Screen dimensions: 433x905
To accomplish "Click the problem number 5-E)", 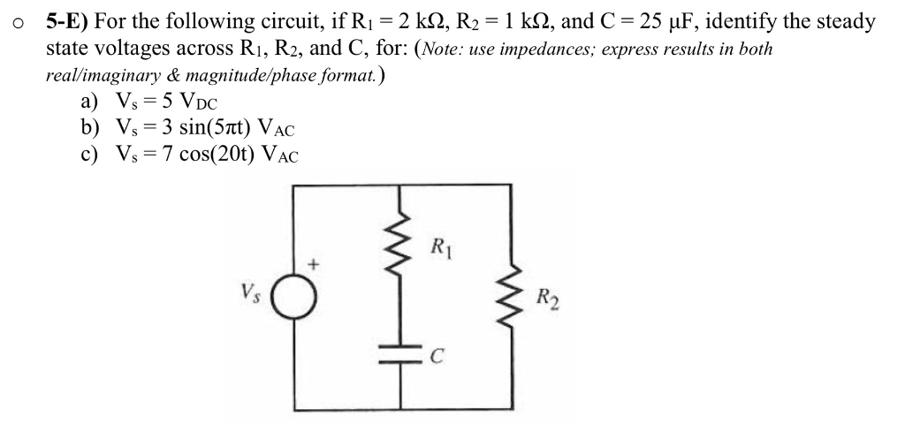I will click(67, 21).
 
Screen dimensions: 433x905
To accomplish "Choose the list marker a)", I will click(89, 102).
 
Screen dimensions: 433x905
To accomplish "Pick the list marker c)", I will click(89, 156).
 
